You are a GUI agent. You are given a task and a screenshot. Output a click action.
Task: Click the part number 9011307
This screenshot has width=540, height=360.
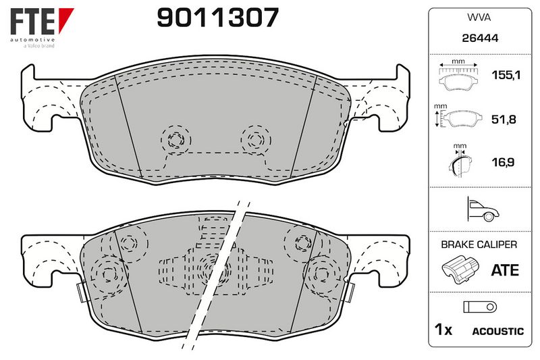[217, 18]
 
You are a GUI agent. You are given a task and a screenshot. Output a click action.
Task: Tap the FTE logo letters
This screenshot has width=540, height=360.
[32, 22]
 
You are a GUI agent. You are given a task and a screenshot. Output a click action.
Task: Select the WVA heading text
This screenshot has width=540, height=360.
[479, 18]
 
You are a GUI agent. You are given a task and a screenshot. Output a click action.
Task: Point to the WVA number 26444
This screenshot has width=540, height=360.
[480, 38]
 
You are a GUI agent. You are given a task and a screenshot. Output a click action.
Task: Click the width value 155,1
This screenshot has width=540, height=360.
[506, 75]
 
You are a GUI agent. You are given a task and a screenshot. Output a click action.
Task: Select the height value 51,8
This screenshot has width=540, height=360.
[504, 120]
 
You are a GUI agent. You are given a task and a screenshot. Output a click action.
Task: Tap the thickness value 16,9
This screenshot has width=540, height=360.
[503, 162]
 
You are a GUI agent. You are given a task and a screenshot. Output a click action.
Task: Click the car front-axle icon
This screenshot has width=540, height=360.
[482, 209]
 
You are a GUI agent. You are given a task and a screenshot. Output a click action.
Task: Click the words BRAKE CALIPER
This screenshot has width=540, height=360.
[479, 245]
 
